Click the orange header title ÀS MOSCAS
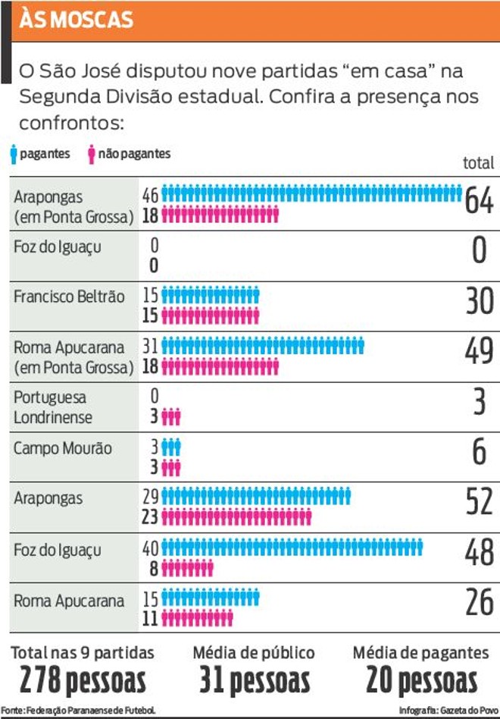[x=76, y=20]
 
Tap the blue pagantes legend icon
[x=14, y=154]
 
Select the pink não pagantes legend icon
[x=92, y=154]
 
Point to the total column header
[x=479, y=163]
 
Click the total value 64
[x=480, y=200]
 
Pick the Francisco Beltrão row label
[x=69, y=297]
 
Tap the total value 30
[x=480, y=301]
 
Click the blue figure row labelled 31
[x=263, y=346]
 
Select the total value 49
[x=480, y=351]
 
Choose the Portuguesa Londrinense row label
[x=53, y=407]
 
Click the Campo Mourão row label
[x=63, y=448]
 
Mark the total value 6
[x=480, y=451]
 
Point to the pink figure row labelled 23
[x=236, y=517]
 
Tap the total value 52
[x=480, y=501]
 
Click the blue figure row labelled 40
[x=292, y=548]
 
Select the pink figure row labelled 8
[x=187, y=569]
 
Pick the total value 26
[x=480, y=602]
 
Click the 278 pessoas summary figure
[x=83, y=680]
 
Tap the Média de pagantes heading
[x=420, y=652]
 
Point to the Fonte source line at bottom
[x=78, y=711]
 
